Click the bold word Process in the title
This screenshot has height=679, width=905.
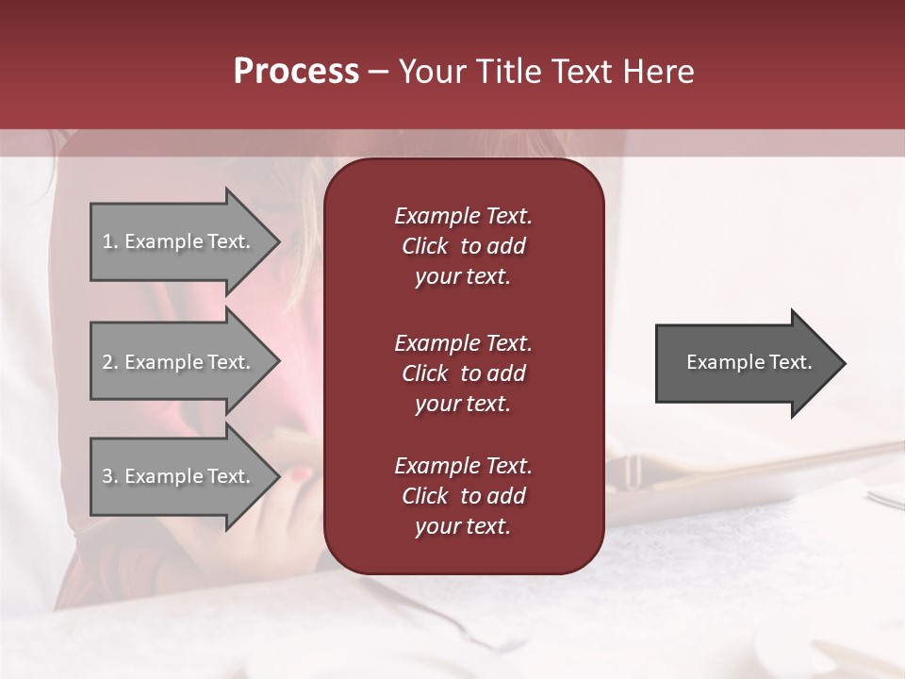(x=296, y=72)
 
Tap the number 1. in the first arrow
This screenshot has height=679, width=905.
(x=110, y=241)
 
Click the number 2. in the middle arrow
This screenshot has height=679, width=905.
(x=110, y=362)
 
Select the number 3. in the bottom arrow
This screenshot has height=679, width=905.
(x=110, y=476)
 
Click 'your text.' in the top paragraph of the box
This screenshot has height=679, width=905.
(x=463, y=277)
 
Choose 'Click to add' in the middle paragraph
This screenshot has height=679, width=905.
(x=463, y=373)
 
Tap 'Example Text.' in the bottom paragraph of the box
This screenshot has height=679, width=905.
(x=463, y=466)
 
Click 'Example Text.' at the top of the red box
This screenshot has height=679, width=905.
(x=463, y=216)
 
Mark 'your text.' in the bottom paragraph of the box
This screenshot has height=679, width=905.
(x=463, y=527)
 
